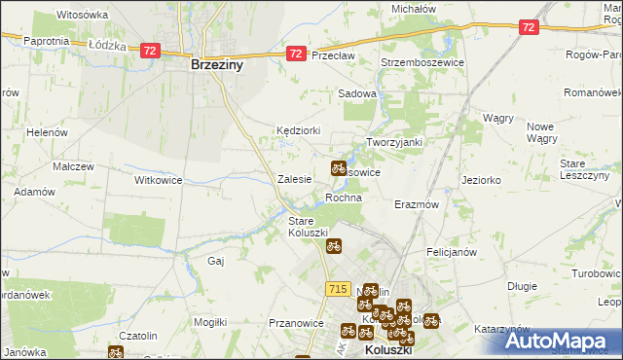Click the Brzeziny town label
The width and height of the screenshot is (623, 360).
tap(216, 66)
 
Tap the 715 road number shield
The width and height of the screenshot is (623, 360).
tap(338, 289)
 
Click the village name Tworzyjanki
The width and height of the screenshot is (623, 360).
tap(393, 142)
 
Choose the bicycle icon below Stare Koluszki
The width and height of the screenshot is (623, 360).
tap(333, 247)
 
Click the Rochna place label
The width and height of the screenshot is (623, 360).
tap(344, 198)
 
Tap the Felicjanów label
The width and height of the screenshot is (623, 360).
tap(451, 251)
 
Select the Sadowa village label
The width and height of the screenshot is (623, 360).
tap(356, 93)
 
